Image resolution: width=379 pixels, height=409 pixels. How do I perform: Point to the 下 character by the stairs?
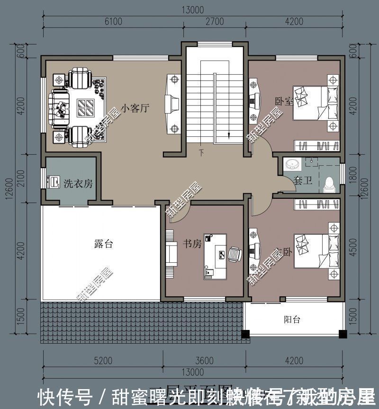click(201, 153)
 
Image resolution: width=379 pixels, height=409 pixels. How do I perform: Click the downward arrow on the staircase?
click(228, 135)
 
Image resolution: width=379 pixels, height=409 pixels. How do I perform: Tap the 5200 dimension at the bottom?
click(103, 361)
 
